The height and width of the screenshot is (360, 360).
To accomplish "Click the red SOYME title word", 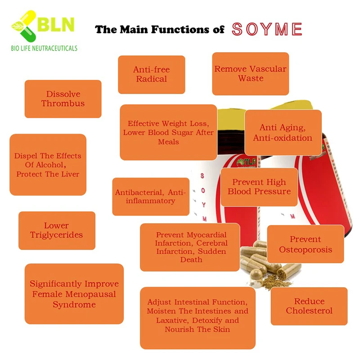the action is pyautogui.click(x=266, y=29).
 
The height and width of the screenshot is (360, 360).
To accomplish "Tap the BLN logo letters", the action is pyautogui.click(x=55, y=24).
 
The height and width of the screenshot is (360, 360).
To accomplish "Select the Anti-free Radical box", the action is pyautogui.click(x=151, y=74).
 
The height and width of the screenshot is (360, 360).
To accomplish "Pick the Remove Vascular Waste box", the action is pyautogui.click(x=250, y=74).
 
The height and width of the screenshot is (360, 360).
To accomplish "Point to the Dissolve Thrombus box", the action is pyautogui.click(x=63, y=99).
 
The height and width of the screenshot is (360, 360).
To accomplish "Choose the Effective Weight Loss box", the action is pyautogui.click(x=168, y=132).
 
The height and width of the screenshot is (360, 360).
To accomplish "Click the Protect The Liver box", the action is pyautogui.click(x=48, y=165).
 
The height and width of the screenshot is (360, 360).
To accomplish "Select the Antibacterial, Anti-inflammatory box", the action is pyautogui.click(x=150, y=197).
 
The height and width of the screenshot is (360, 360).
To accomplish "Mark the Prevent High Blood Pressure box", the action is pyautogui.click(x=259, y=187).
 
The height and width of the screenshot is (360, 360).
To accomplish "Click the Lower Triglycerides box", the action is pyautogui.click(x=57, y=230).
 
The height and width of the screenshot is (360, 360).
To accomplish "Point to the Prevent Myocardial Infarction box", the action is pyautogui.click(x=189, y=247).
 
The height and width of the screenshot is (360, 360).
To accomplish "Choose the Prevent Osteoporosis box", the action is pyautogui.click(x=306, y=244).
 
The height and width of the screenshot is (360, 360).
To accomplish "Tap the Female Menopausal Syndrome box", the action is pyautogui.click(x=74, y=294).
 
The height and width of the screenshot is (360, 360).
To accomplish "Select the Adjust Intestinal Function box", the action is pyautogui.click(x=198, y=316).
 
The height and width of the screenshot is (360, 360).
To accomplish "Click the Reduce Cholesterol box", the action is pyautogui.click(x=309, y=306).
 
